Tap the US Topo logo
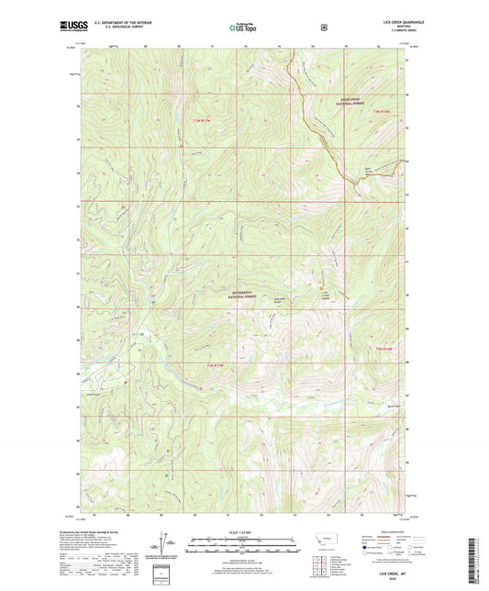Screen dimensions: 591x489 243,28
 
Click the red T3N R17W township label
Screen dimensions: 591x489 202,119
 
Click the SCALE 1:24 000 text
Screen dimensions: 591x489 243,532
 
